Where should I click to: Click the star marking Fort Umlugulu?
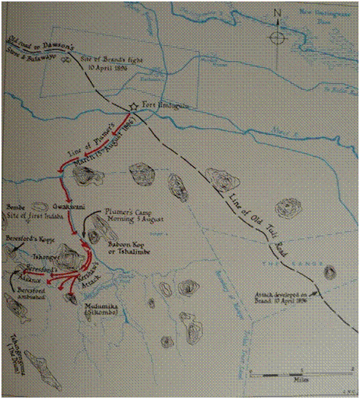tap(132, 106)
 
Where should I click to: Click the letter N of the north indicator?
tap(276, 12)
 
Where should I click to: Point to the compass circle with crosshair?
tap(275, 37)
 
